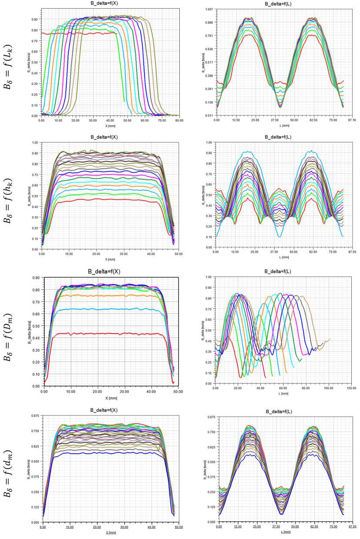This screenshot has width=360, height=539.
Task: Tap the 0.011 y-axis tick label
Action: pyautogui.click(x=209, y=116)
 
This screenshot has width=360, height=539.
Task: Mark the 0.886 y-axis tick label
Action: pyautogui.click(x=209, y=22)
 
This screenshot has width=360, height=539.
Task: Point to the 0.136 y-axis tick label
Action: pyautogui.click(x=209, y=103)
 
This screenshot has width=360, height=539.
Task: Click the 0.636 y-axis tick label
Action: pyautogui.click(x=209, y=49)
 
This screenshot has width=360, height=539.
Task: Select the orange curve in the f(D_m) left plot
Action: pyautogui.click(x=109, y=295)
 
